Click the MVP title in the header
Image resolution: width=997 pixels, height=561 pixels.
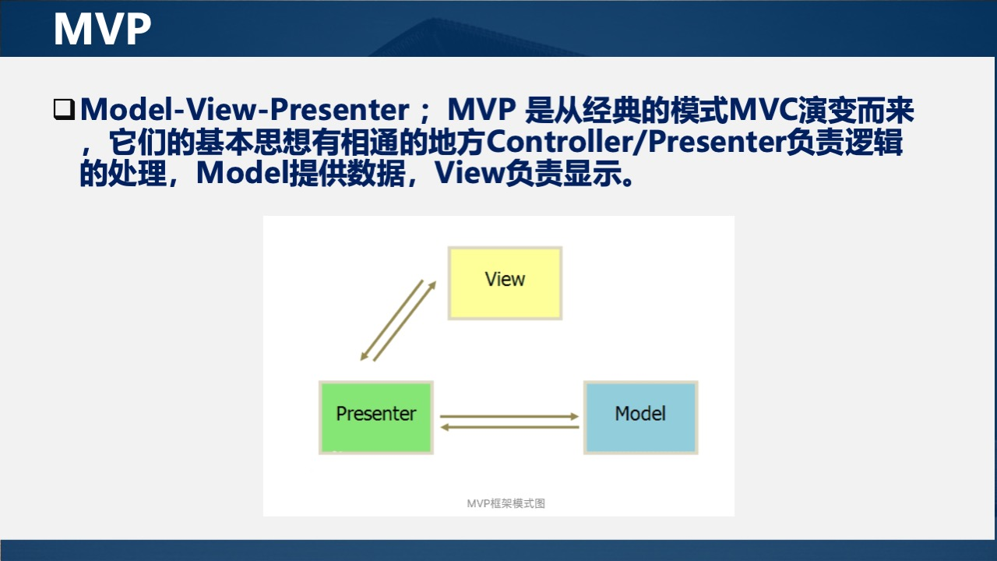pyautogui.click(x=102, y=30)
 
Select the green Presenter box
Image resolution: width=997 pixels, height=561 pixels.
pyautogui.click(x=375, y=436)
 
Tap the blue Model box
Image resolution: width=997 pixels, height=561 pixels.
pyautogui.click(x=640, y=436)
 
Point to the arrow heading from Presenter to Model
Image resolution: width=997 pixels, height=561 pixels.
pyautogui.click(x=509, y=417)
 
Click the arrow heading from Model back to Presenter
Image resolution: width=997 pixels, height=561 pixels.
pyautogui.click(x=509, y=427)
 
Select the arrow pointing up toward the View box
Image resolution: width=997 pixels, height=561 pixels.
pyautogui.click(x=404, y=322)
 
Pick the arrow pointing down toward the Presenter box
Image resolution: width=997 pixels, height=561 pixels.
pyautogui.click(x=391, y=320)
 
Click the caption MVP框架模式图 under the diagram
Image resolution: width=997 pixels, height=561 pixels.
pyautogui.click(x=506, y=503)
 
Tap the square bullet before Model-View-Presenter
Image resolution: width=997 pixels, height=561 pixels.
pyautogui.click(x=63, y=109)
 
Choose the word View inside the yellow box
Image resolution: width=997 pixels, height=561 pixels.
pyautogui.click(x=505, y=279)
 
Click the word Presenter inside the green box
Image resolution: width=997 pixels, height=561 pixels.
pyautogui.click(x=375, y=414)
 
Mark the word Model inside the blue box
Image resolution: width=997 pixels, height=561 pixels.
pyautogui.click(x=640, y=414)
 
